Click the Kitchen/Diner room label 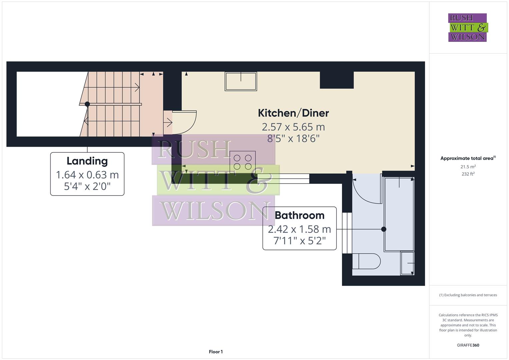point(293,113)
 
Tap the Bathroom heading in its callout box point(299,215)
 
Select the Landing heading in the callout point(87,161)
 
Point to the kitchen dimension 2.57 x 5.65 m point(293,127)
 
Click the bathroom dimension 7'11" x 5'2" point(299,240)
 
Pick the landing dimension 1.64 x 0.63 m point(87,175)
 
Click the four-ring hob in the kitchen point(243,162)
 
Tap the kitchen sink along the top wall point(241,81)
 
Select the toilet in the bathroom point(366,261)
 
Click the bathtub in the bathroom point(399,214)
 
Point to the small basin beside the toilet point(407,263)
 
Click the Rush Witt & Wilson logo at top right point(467,28)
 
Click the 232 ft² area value point(468,174)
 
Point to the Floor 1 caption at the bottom point(216,352)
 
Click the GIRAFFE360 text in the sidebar point(468,345)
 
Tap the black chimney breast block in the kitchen point(337,80)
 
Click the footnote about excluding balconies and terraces point(468,295)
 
